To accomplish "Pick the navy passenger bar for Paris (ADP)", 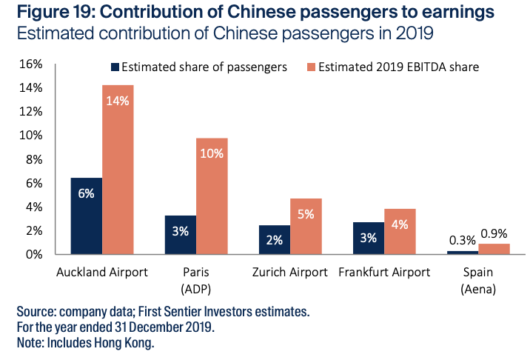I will pyautogui.click(x=181, y=236).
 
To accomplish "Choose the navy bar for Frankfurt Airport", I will pyautogui.click(x=368, y=239).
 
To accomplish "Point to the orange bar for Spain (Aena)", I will pyautogui.click(x=494, y=249).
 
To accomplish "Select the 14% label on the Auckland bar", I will pyautogui.click(x=118, y=101).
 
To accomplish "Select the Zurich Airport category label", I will pyautogui.click(x=289, y=272).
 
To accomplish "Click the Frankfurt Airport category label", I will pyautogui.click(x=383, y=272).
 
